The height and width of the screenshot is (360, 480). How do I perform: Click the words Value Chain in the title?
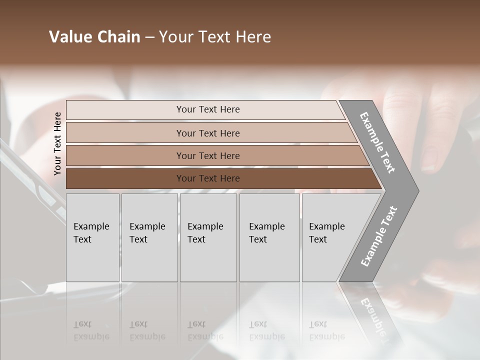94,37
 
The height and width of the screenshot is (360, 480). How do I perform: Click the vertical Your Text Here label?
57,143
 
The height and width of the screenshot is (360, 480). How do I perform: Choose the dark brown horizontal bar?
125,178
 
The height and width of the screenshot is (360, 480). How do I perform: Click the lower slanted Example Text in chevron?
378,236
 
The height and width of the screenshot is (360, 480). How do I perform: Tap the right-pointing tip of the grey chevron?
416,190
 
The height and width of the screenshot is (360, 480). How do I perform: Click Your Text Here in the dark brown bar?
208,178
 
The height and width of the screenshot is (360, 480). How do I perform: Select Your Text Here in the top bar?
208,109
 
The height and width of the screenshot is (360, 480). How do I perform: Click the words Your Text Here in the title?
215,37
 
